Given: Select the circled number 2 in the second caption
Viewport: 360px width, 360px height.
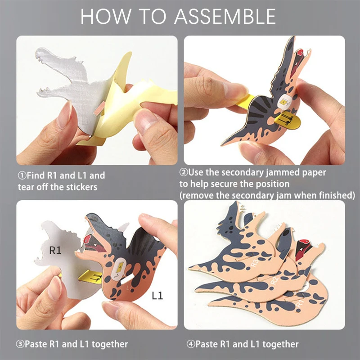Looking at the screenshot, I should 184,172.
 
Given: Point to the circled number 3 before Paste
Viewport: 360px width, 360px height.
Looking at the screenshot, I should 21,344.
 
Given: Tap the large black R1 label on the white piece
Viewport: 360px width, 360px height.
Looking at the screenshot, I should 55,251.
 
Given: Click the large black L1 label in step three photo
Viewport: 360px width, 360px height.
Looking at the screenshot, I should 157,296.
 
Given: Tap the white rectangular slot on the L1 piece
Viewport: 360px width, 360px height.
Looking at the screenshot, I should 120,269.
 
